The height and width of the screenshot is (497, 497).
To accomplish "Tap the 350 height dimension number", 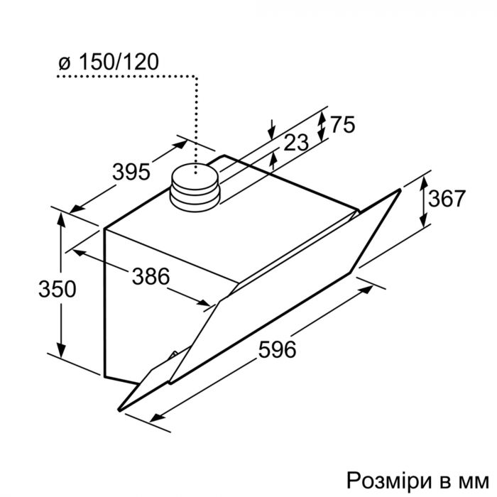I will pyautogui.click(x=38, y=289).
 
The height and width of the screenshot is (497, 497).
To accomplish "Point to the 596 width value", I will pyautogui.click(x=275, y=349).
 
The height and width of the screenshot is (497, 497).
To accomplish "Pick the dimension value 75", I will pyautogui.click(x=342, y=125).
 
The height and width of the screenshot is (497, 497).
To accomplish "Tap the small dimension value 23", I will pyautogui.click(x=295, y=143).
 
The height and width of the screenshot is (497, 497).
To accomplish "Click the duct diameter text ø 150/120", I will pyautogui.click(x=108, y=62).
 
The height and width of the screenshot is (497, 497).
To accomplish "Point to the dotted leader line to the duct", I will pyautogui.click(x=195, y=106).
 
